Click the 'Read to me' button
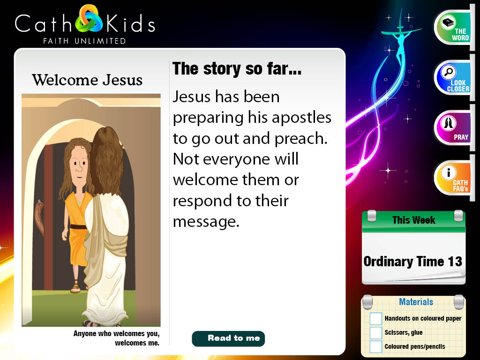pyautogui.click(x=228, y=338)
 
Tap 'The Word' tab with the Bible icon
pyautogui.click(x=453, y=28)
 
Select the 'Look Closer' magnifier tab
pyautogui.click(x=453, y=78)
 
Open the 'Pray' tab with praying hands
pyautogui.click(x=453, y=127)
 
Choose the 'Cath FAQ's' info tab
pyautogui.click(x=453, y=178)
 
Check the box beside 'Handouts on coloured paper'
pyautogui.click(x=375, y=319)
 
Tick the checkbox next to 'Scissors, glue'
pyautogui.click(x=375, y=333)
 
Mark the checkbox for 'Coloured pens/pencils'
pyautogui.click(x=375, y=347)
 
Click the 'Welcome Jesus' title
pyautogui.click(x=87, y=80)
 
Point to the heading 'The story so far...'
pyautogui.click(x=237, y=69)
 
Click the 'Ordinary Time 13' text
pyautogui.click(x=412, y=262)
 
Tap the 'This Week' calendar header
pyautogui.click(x=413, y=220)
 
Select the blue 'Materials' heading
pyautogui.click(x=416, y=302)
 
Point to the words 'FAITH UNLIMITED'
pyautogui.click(x=84, y=41)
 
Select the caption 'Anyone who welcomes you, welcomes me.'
pyautogui.click(x=116, y=338)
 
